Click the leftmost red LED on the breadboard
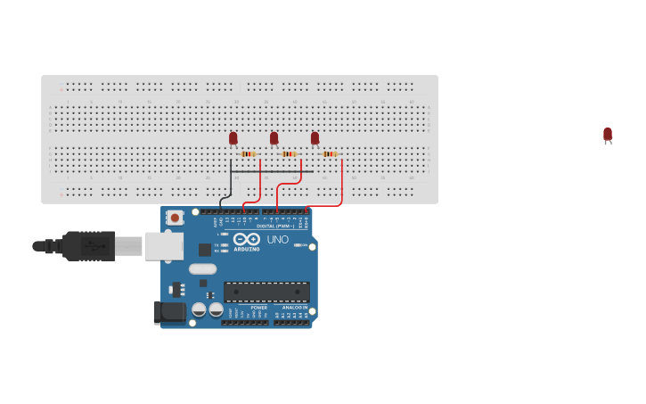pyautogui.click(x=233, y=138)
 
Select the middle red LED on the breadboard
pyautogui.click(x=274, y=138)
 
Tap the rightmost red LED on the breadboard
pyautogui.click(x=315, y=138)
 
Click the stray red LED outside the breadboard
pyautogui.click(x=608, y=135)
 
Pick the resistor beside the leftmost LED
pyautogui.click(x=248, y=153)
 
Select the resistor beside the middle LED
pyautogui.click(x=289, y=153)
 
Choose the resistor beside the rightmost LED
pyautogui.click(x=330, y=153)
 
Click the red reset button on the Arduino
pyautogui.click(x=175, y=217)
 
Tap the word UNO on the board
pyautogui.click(x=278, y=239)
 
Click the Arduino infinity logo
pyautogui.click(x=246, y=239)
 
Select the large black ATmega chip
pyautogui.click(x=266, y=292)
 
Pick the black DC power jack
pyautogui.click(x=169, y=312)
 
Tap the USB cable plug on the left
pyautogui.click(x=89, y=245)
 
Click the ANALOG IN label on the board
pyautogui.click(x=295, y=308)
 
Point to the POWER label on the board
pyautogui.click(x=258, y=308)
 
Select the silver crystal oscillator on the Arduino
pyautogui.click(x=202, y=268)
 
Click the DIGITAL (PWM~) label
pyautogui.click(x=275, y=227)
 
